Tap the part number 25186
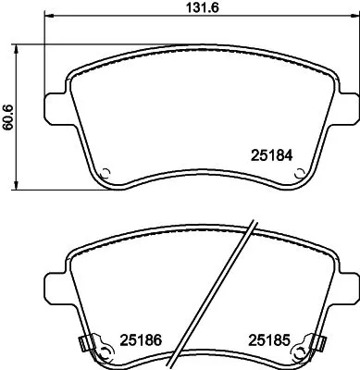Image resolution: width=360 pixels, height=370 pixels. click(140, 339)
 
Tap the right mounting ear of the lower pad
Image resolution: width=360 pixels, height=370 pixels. click(344, 283)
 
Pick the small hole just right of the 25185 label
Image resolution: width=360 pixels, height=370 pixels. click(298, 351)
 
